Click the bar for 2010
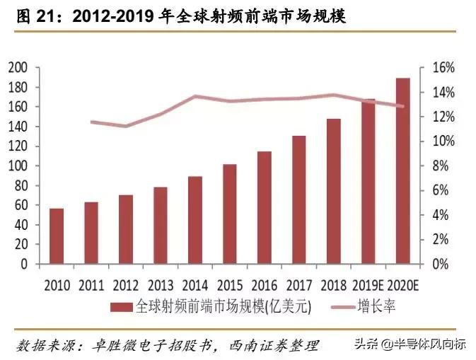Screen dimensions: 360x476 [x=57, y=236]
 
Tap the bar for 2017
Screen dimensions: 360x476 [x=299, y=199]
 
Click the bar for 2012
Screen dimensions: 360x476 [x=126, y=229]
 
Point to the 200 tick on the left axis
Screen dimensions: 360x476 [x=18, y=68]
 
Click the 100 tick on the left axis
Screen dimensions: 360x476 [x=18, y=166]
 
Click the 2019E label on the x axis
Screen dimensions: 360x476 [x=368, y=285]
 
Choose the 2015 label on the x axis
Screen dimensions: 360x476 [x=230, y=285]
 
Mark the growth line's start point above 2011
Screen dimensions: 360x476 [x=92, y=122]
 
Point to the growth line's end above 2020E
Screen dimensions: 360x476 [x=402, y=107]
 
